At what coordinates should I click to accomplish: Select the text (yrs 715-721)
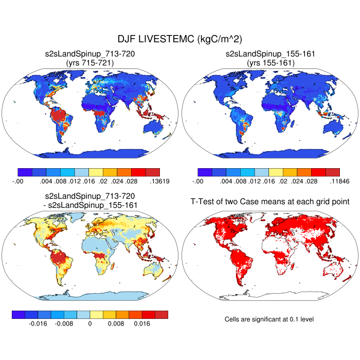click(90, 62)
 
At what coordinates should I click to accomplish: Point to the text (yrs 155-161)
click(270, 62)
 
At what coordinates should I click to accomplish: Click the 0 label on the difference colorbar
click(90, 324)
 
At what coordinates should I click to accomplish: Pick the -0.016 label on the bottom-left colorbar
click(38, 324)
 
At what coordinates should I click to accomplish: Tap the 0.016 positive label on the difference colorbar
click(142, 324)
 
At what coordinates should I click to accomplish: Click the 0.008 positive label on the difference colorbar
click(116, 324)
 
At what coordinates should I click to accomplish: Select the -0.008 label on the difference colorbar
click(64, 324)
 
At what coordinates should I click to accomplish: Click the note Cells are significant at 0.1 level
click(269, 319)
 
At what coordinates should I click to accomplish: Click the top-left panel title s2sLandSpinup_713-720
click(90, 53)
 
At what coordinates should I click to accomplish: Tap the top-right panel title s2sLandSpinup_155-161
click(270, 53)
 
